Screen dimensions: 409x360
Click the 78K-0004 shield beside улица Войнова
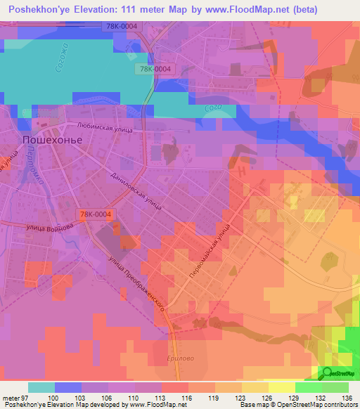[95, 214]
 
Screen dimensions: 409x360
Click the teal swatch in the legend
[41, 387]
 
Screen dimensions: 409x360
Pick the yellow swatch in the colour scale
[281, 387]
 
